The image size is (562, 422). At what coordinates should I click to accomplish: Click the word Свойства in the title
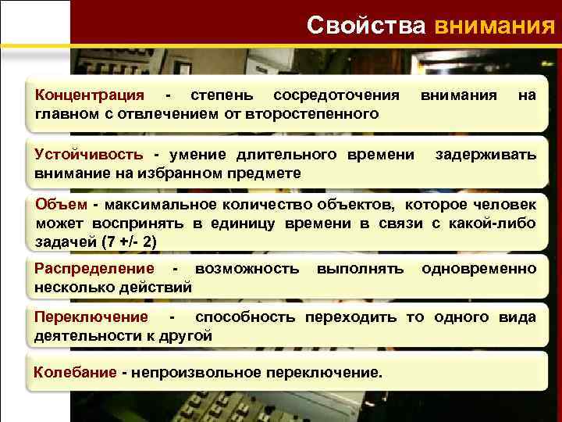[x=366, y=24]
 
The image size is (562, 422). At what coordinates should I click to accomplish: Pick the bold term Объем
[x=62, y=205]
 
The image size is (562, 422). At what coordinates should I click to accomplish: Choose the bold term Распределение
[x=94, y=269]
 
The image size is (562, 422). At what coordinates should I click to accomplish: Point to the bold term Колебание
[x=75, y=371]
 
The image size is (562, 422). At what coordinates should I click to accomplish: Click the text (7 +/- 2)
[x=130, y=241]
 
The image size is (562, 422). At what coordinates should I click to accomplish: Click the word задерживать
[x=486, y=154]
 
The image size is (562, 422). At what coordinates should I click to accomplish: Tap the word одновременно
[x=478, y=269]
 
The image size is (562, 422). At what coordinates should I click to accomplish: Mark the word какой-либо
[x=499, y=224]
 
